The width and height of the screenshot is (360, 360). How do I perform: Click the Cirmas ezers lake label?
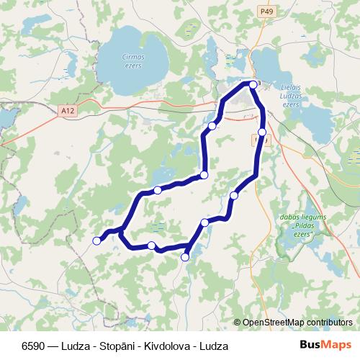[x=133, y=61]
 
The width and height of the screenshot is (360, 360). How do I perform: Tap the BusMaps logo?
[x=325, y=345]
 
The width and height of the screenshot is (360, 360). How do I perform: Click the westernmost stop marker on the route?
[x=97, y=241]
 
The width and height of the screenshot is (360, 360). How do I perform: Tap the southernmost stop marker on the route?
[x=185, y=256]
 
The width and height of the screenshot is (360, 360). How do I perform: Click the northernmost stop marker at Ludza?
[x=253, y=84]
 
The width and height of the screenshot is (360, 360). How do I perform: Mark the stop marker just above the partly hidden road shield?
[x=262, y=132]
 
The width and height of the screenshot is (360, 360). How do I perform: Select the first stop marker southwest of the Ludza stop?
[x=212, y=126]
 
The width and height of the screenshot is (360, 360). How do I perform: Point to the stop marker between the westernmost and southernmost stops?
[x=151, y=246]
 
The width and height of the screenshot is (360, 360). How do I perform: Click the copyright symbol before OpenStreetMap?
[x=238, y=322]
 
